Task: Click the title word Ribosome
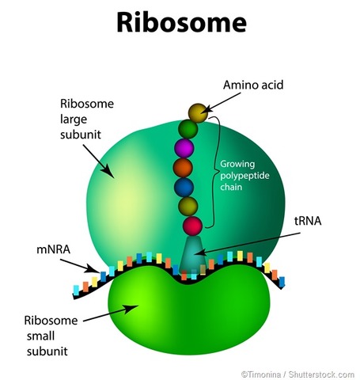180,22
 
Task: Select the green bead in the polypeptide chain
188,127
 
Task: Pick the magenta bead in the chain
185,147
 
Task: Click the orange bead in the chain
184,167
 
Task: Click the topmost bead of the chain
198,113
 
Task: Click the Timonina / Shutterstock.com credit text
297,372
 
